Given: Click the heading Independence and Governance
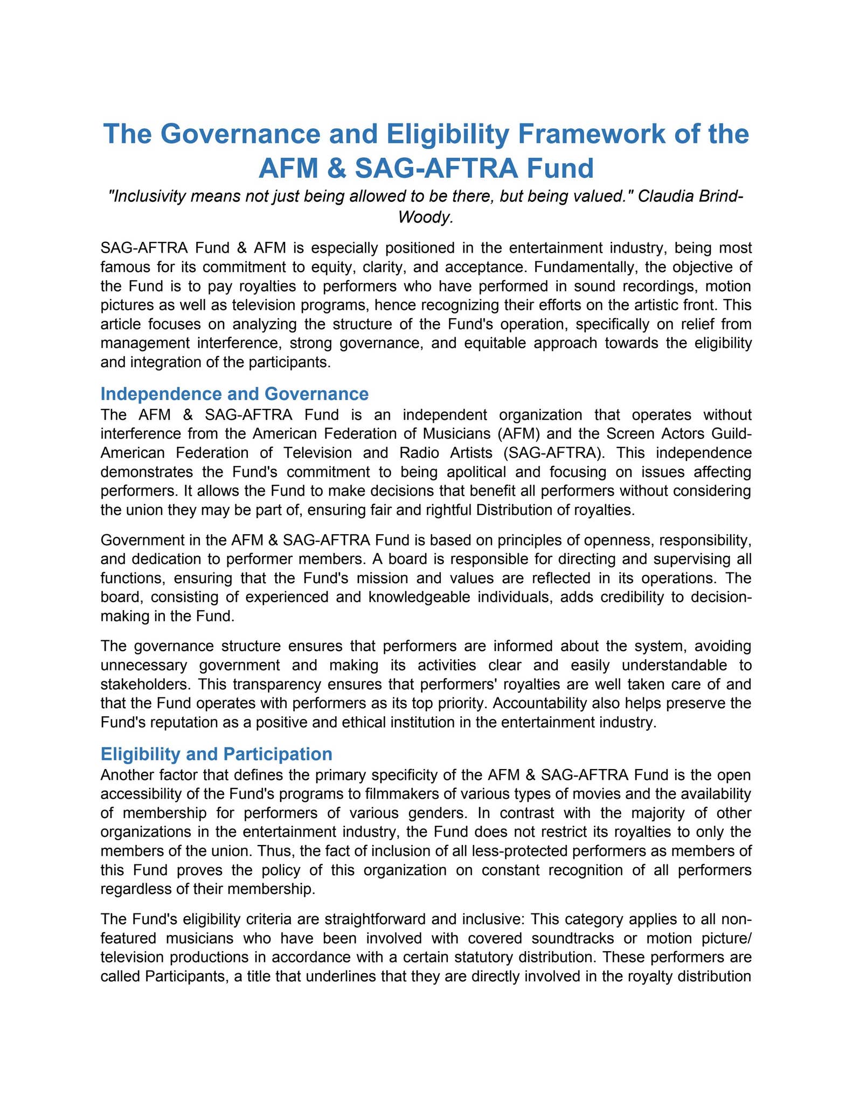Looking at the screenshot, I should point(234,394).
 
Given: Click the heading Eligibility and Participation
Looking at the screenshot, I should point(216,754).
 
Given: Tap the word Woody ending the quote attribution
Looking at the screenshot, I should point(424,217).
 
